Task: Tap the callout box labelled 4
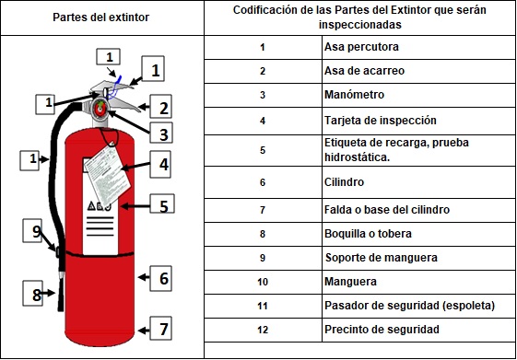[161, 165]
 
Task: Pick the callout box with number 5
[161, 205]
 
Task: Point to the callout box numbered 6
[160, 277]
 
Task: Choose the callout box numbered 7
[160, 328]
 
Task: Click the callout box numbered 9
[32, 233]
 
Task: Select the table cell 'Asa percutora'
[363, 47]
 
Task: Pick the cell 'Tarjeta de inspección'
[381, 120]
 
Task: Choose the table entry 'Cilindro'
[346, 182]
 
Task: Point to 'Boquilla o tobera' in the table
[370, 234]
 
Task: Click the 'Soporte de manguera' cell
[380, 257]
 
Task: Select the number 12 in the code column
[263, 329]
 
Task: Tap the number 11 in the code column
[263, 305]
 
